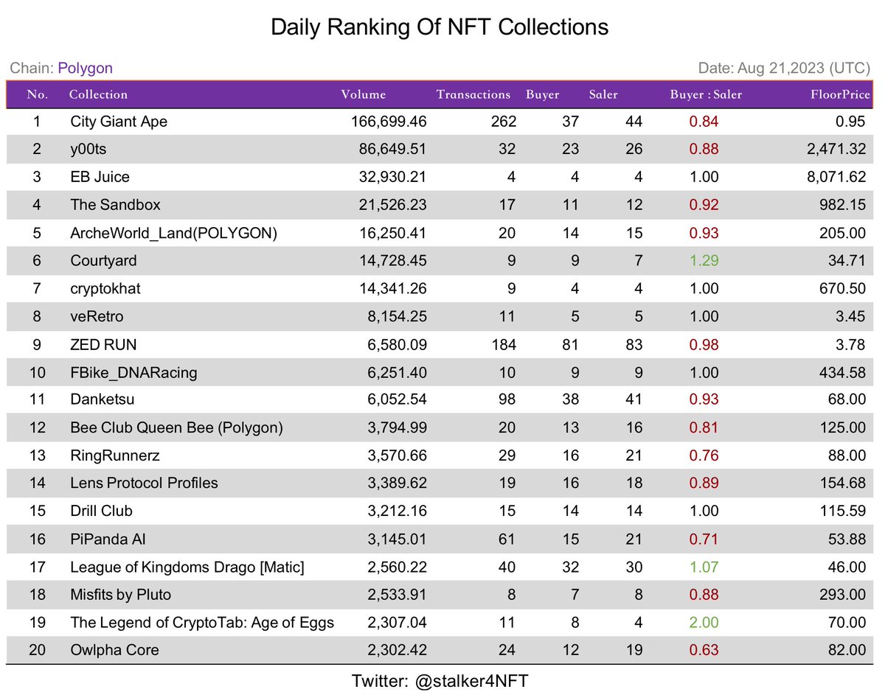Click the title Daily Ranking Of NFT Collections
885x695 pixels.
(440, 27)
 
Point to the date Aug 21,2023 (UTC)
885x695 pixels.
(784, 69)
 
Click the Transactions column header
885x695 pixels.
(473, 94)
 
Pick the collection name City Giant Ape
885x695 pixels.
(119, 122)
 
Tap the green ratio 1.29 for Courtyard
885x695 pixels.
(704, 260)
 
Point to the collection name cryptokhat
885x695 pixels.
(105, 288)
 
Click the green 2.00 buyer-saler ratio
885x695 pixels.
(704, 622)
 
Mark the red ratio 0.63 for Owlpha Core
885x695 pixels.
(704, 650)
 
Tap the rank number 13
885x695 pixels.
(38, 455)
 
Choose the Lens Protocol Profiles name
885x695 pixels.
(144, 483)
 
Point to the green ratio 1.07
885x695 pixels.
(704, 567)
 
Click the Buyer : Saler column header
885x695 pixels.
(706, 94)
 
